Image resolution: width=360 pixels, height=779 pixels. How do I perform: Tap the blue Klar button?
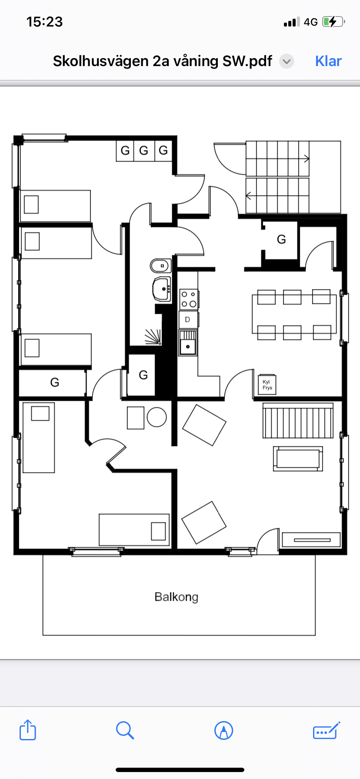(328, 61)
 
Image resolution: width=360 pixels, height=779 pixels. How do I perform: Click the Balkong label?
(176, 597)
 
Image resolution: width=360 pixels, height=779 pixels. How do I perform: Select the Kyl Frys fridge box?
(267, 384)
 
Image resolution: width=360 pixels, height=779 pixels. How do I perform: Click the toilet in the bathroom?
(161, 265)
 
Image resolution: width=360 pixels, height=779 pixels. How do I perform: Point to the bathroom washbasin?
(162, 289)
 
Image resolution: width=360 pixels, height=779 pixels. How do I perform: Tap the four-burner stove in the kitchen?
(189, 300)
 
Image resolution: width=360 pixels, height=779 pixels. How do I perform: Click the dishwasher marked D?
(188, 320)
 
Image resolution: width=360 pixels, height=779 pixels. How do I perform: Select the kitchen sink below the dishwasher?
(188, 343)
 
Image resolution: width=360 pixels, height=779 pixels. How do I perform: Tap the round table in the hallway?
(157, 417)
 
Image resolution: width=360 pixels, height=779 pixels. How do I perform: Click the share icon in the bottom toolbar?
(28, 730)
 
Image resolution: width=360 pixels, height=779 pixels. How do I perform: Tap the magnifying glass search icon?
(125, 730)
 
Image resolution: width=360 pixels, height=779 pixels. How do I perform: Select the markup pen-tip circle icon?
(224, 730)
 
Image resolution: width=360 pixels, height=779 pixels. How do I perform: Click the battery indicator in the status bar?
(333, 22)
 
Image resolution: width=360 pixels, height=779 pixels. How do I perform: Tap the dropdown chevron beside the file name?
(287, 61)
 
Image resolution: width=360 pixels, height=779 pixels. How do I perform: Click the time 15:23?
(44, 22)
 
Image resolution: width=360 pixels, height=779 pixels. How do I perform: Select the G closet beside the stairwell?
(281, 240)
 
